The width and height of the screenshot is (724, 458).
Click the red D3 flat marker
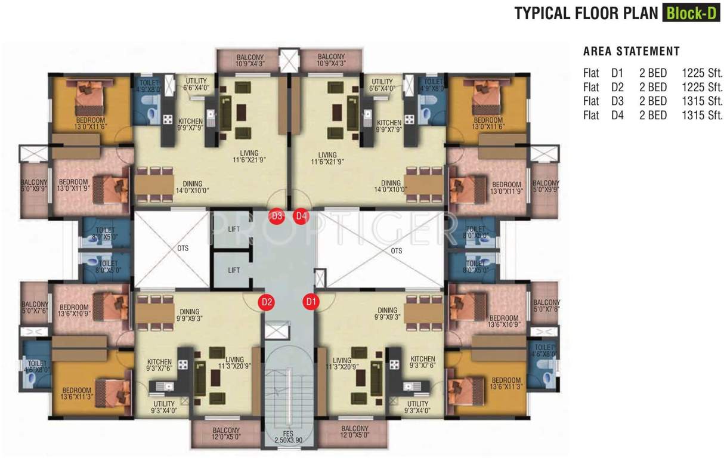click(277, 216)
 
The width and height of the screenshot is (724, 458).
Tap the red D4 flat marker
click(301, 216)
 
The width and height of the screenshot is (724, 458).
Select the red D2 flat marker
click(267, 302)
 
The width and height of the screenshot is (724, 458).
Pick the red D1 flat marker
click(310, 302)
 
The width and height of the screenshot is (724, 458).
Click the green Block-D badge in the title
click(691, 13)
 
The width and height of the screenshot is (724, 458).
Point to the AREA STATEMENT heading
click(631, 51)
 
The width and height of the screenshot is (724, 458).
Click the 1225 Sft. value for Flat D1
click(702, 73)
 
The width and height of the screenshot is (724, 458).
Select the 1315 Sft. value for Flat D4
click(702, 116)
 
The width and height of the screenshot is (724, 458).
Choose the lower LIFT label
click(234, 270)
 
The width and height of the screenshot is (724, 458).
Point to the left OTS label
click(182, 248)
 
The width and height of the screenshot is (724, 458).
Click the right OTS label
click(397, 251)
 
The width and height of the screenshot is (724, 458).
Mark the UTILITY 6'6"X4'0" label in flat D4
click(382, 85)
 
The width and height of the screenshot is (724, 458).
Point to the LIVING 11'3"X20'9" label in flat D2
click(234, 363)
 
